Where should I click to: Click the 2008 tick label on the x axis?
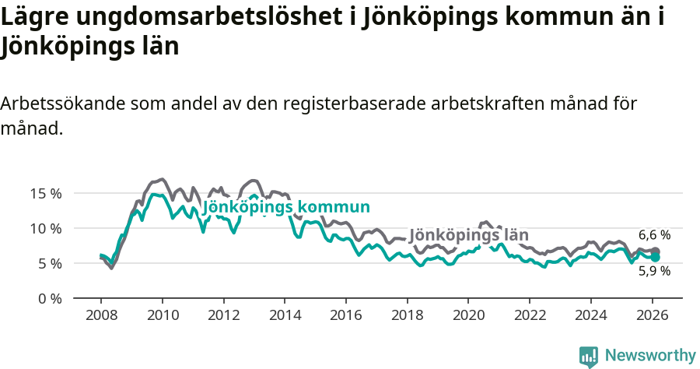(101, 315)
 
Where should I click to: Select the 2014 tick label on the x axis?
(285, 315)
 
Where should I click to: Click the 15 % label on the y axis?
(46, 193)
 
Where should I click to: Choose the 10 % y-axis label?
(46, 228)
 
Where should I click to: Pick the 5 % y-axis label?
(50, 263)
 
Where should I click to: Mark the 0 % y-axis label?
(50, 298)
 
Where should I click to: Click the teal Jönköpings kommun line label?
(285, 207)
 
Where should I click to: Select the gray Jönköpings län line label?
(468, 235)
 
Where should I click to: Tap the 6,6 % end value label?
(654, 234)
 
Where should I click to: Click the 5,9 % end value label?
(654, 271)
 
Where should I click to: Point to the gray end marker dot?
(656, 251)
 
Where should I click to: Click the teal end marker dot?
(656, 257)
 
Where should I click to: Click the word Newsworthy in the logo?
(650, 355)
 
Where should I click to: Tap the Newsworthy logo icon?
(589, 356)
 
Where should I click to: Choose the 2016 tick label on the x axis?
(346, 315)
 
